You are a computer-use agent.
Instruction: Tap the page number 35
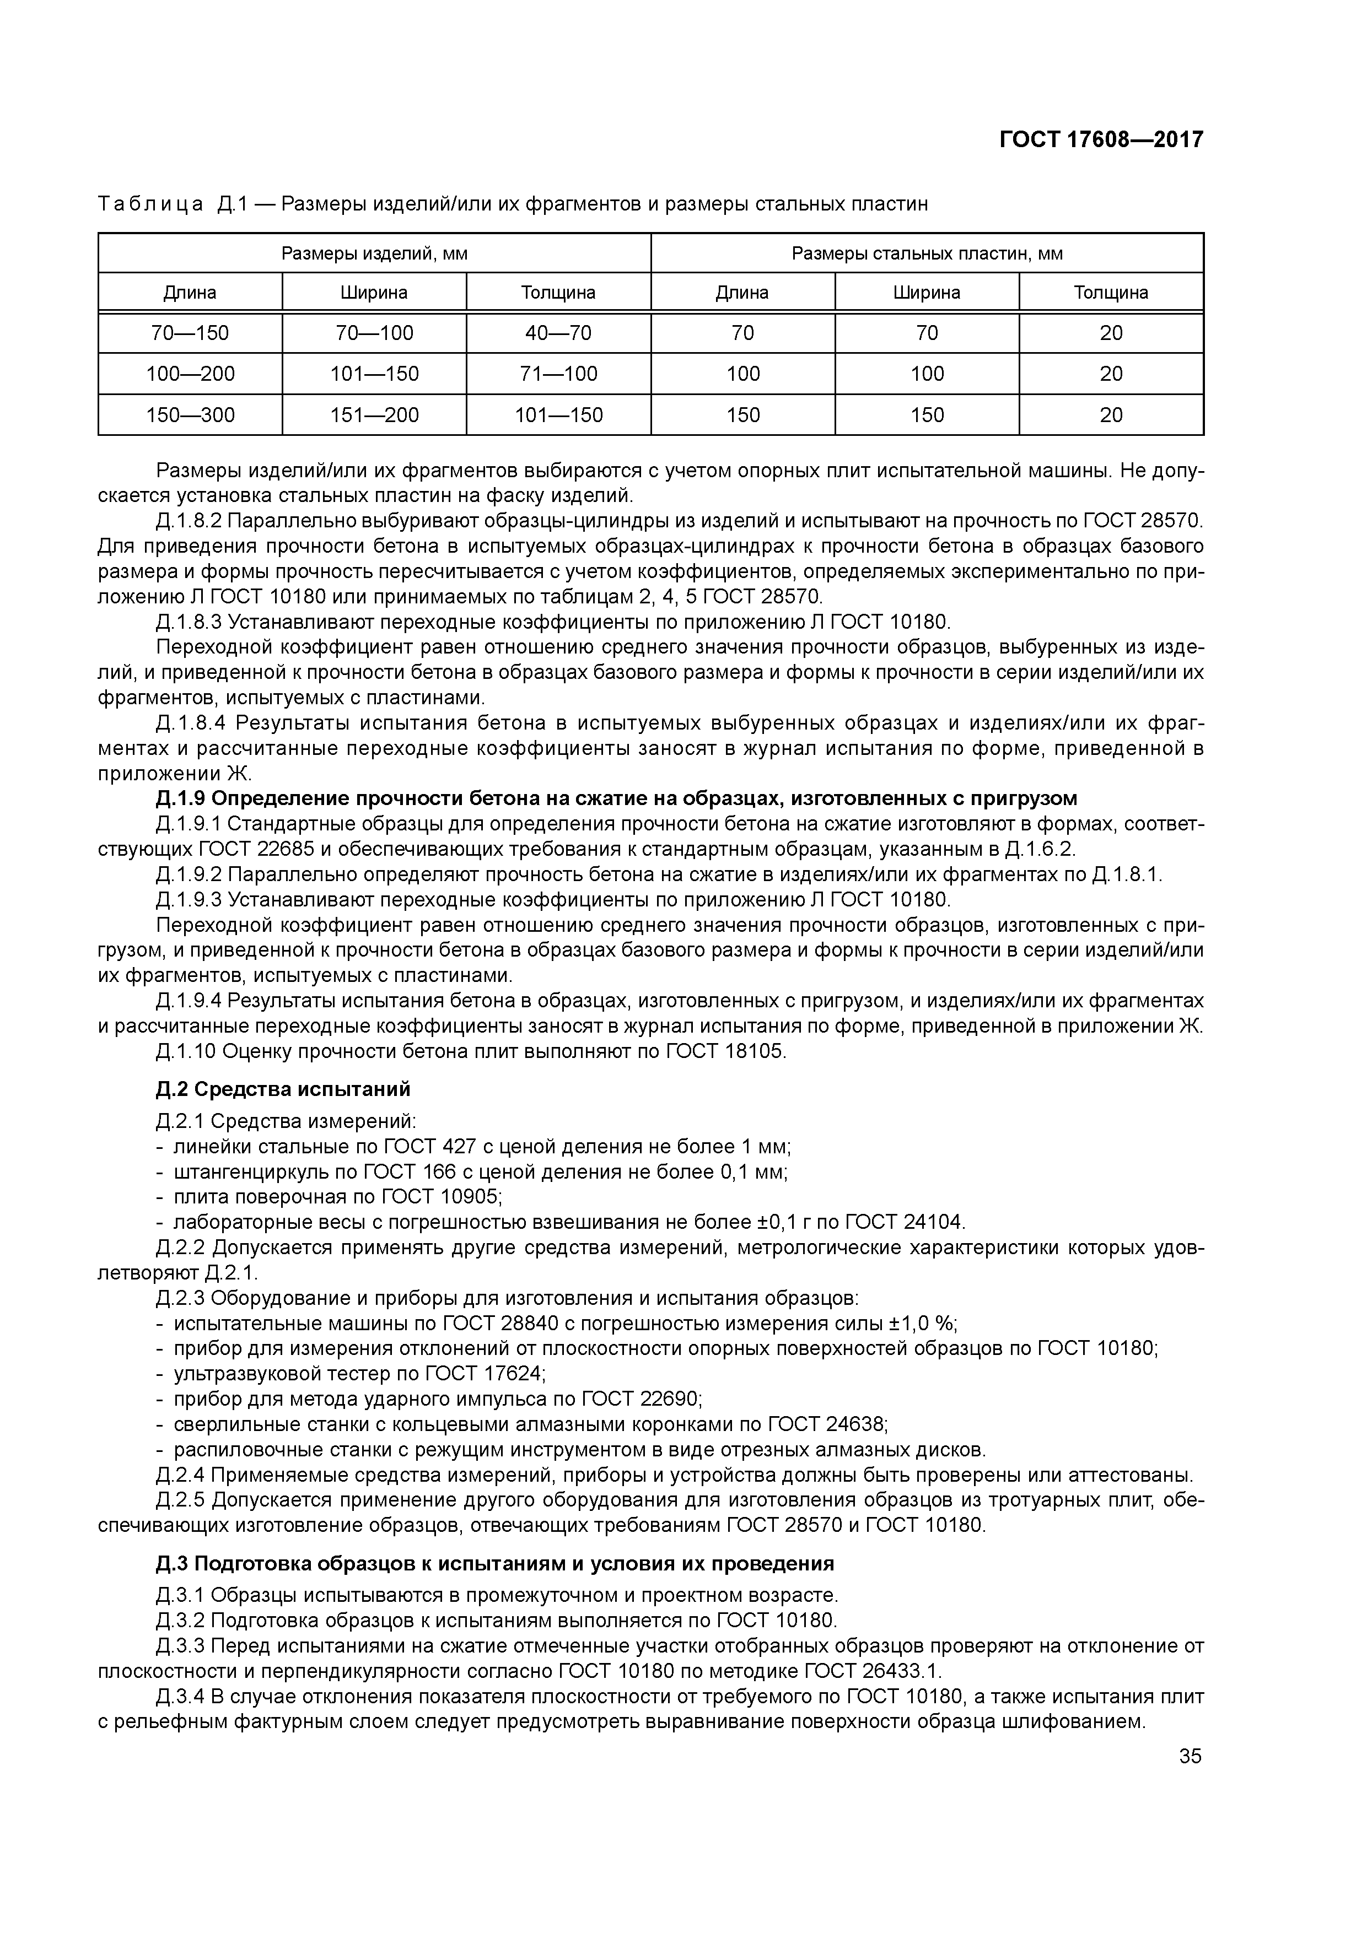tap(1190, 1756)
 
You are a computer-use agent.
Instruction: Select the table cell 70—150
tap(190, 333)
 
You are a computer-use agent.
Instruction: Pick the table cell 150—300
tap(190, 415)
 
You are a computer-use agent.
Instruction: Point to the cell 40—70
tap(558, 333)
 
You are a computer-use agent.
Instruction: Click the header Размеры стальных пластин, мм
tap(927, 253)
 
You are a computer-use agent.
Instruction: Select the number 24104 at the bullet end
tap(933, 1222)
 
